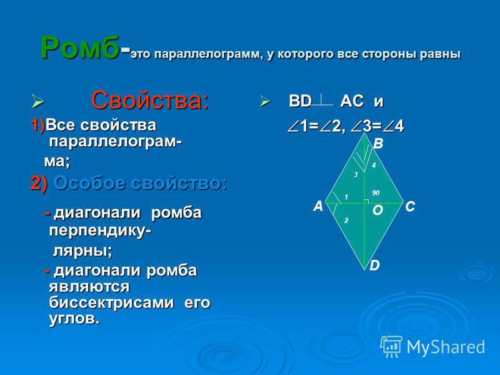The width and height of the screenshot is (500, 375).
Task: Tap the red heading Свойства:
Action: pyautogui.click(x=150, y=100)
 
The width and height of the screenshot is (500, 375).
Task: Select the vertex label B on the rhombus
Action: pyautogui.click(x=378, y=144)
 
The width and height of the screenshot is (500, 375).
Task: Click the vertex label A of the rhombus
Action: pyautogui.click(x=318, y=206)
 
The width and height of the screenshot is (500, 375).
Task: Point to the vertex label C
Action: pyautogui.click(x=410, y=207)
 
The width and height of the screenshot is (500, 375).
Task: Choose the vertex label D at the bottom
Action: pyautogui.click(x=374, y=265)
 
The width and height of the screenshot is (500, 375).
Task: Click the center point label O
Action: pyautogui.click(x=377, y=211)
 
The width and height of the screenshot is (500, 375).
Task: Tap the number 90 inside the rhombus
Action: pyautogui.click(x=376, y=192)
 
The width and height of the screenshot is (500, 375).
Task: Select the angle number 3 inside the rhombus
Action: pyautogui.click(x=356, y=174)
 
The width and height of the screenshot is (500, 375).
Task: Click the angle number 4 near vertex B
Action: pyautogui.click(x=374, y=165)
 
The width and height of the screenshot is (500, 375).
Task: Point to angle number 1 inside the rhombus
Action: pyautogui.click(x=346, y=197)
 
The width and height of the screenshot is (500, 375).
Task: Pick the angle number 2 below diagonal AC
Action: pyautogui.click(x=346, y=221)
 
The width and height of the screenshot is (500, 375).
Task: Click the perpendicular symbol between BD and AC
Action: pyautogui.click(x=322, y=100)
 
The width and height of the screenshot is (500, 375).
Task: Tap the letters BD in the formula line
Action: pyautogui.click(x=300, y=101)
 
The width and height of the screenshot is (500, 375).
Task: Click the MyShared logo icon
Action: pyautogui.click(x=391, y=346)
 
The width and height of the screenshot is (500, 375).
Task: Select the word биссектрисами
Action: pyautogui.click(x=112, y=302)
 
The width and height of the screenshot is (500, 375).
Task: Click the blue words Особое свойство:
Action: pyautogui.click(x=140, y=184)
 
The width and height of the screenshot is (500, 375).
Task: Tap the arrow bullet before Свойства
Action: pyautogui.click(x=37, y=101)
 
